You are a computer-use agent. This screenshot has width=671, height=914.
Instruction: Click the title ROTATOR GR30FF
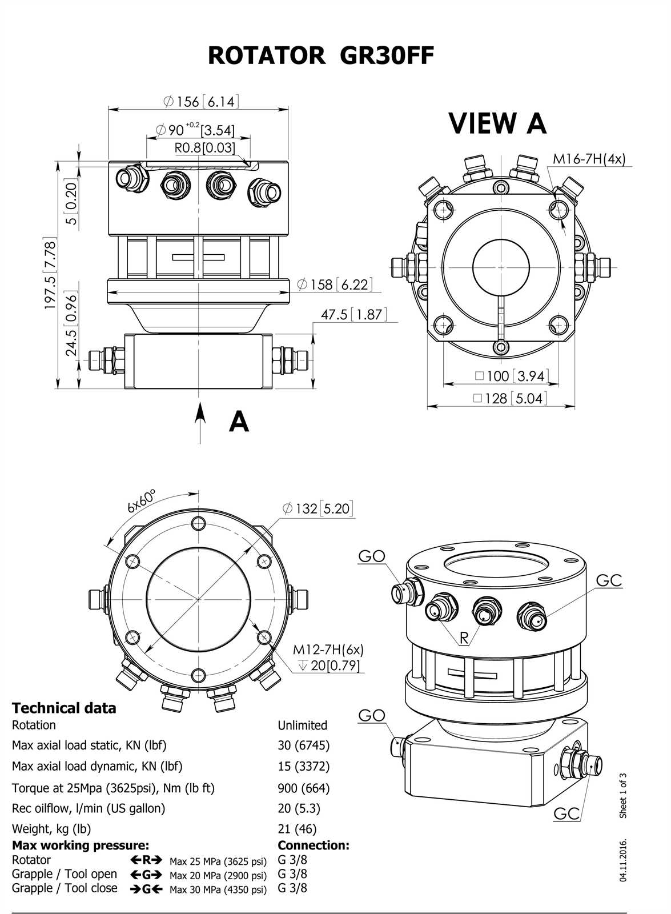tap(320, 56)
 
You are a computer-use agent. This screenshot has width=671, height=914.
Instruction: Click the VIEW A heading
tap(497, 123)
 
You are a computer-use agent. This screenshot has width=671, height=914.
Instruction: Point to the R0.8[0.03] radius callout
tap(204, 148)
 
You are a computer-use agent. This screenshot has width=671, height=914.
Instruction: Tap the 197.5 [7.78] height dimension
tap(50, 275)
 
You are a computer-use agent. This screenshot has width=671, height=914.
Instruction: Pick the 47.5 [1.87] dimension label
tap(353, 314)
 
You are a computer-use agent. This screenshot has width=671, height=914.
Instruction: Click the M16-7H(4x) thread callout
tap(589, 159)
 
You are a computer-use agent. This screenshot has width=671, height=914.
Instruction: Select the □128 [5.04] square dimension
tap(509, 398)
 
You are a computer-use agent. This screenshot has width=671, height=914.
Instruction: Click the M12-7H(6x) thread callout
tap(328, 650)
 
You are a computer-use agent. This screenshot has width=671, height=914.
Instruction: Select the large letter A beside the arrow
tap(239, 422)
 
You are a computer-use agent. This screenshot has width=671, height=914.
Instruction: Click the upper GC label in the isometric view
tap(609, 580)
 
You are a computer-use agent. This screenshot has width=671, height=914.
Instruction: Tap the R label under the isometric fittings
tap(464, 638)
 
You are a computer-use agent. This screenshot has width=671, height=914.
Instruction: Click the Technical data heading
tap(64, 708)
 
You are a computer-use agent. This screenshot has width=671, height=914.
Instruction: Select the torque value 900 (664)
tap(303, 788)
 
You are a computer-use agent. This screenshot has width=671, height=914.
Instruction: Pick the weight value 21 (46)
tap(297, 829)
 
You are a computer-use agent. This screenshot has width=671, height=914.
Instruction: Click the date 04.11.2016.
tap(623, 860)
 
